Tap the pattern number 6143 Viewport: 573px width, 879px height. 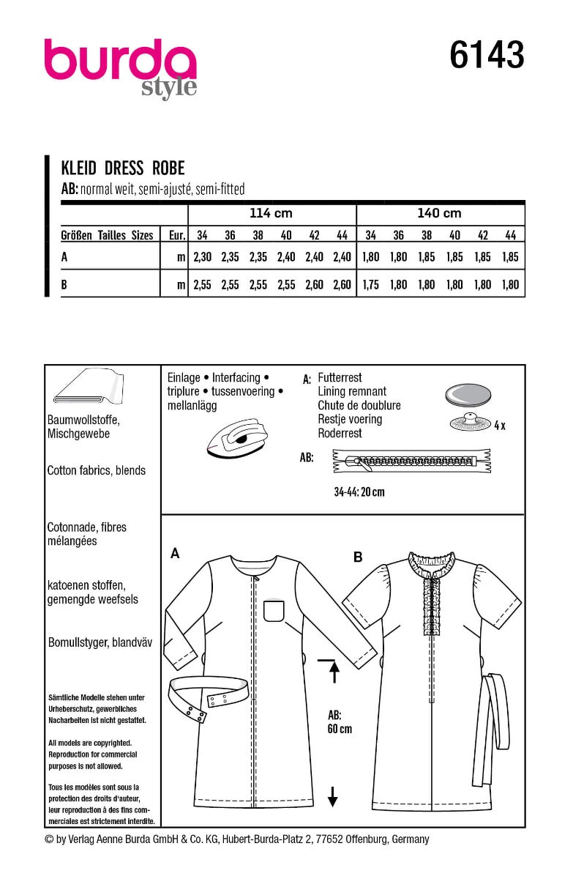pyautogui.click(x=487, y=56)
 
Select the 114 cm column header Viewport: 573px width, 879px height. pyautogui.click(x=271, y=213)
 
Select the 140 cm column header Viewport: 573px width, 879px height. pyautogui.click(x=439, y=213)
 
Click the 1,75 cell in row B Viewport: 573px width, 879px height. pyautogui.click(x=370, y=286)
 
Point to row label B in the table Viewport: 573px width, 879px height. pyautogui.click(x=64, y=286)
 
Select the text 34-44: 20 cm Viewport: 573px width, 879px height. pyautogui.click(x=354, y=492)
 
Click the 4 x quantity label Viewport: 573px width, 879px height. pyautogui.click(x=499, y=425)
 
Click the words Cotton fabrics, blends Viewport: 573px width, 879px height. pyautogui.click(x=96, y=470)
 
